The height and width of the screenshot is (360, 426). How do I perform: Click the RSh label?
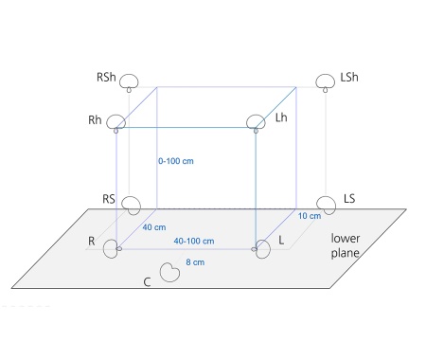click(x=106, y=77)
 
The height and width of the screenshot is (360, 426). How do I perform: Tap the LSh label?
click(x=349, y=77)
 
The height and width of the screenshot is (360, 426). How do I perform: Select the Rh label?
click(x=95, y=120)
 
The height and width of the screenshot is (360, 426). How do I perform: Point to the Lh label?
click(x=281, y=117)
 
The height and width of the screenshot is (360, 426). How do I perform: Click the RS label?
click(x=109, y=199)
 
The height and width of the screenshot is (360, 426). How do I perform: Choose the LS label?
click(x=349, y=199)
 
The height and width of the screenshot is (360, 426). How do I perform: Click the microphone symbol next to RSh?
click(x=129, y=82)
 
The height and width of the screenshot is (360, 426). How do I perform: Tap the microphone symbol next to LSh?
click(x=326, y=82)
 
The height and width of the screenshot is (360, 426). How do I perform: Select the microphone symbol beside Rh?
click(x=116, y=123)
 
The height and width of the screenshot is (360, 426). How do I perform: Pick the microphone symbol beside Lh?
click(x=256, y=123)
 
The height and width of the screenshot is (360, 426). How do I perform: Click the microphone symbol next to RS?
click(x=132, y=206)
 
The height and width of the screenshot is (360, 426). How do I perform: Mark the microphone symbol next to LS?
click(x=327, y=206)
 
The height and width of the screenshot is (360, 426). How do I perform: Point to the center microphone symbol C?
click(x=169, y=272)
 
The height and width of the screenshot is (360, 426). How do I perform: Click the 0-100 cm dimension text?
click(x=176, y=161)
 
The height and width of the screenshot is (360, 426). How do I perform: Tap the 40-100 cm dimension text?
click(x=194, y=241)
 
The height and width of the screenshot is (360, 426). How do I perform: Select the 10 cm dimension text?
click(x=310, y=216)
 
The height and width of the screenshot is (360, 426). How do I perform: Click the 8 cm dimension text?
click(x=195, y=262)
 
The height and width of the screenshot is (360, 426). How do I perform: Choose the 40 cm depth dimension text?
click(x=154, y=227)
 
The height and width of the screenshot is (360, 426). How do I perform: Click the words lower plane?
click(x=346, y=245)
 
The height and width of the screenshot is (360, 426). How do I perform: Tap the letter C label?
click(x=147, y=282)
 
